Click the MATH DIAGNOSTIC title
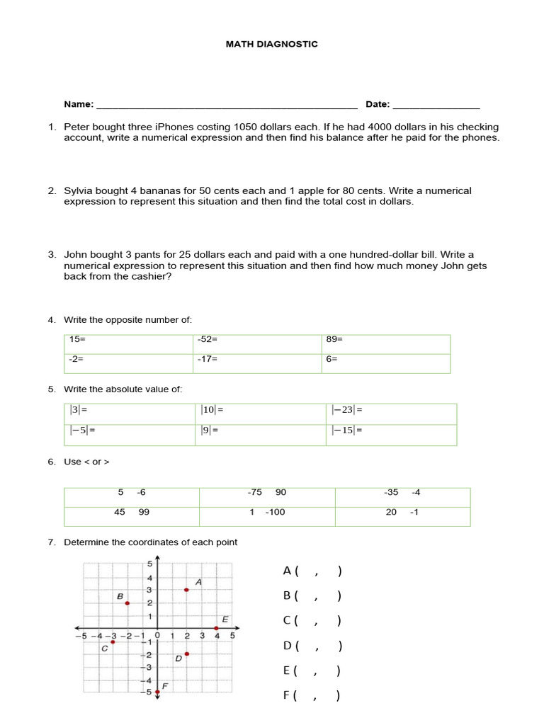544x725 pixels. coord(271,44)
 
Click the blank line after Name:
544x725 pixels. coord(227,105)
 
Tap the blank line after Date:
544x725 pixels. coord(436,105)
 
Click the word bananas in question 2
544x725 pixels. coord(157,190)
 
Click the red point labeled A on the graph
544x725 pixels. coord(186,590)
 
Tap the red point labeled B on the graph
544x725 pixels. coord(127,603)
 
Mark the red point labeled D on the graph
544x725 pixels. coord(186,654)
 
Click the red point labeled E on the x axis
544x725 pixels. coord(216,629)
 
